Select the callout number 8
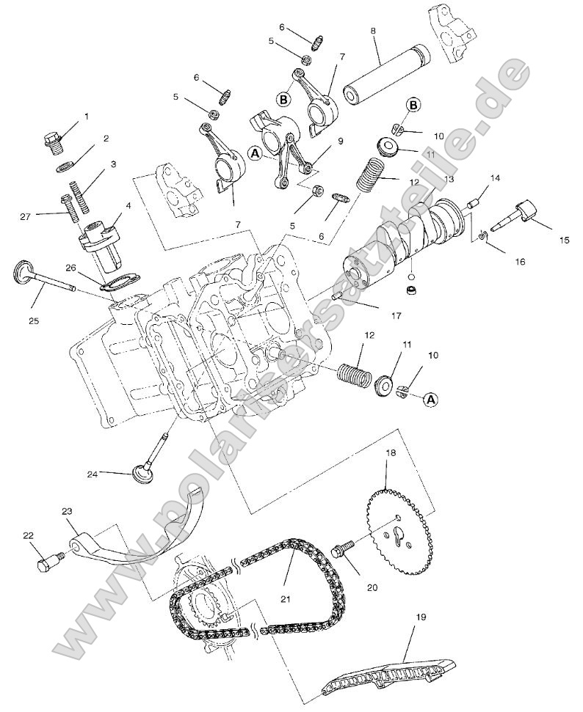373,32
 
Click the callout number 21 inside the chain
286,599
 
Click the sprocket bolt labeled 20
344,548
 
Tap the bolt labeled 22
46,565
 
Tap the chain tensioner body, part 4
96,239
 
